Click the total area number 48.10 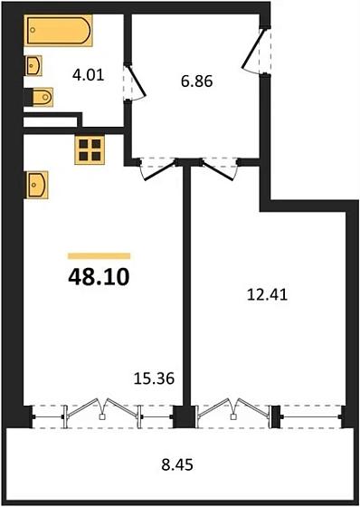99,275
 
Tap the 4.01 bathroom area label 90,75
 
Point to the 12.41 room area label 264,292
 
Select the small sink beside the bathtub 35,65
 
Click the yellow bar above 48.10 99,255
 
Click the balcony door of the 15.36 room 105,411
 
